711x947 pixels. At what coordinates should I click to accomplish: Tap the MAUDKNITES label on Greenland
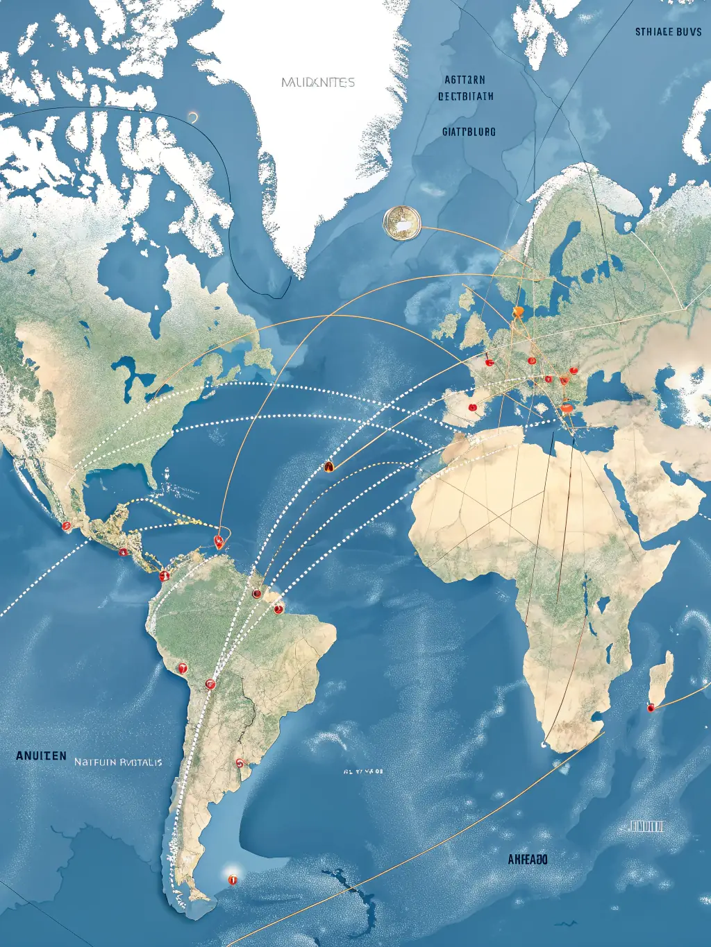coord(318,83)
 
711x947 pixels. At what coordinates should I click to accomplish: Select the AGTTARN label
coord(465,80)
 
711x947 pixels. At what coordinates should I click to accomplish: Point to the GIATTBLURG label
coord(469,131)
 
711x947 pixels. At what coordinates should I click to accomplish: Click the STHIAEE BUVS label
coord(668,32)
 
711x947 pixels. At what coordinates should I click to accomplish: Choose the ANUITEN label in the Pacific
coord(42,756)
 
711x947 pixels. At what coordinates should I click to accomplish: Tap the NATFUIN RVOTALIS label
coord(118,762)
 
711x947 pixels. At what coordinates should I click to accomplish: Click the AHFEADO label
coord(527,860)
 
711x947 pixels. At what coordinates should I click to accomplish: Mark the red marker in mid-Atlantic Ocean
coord(329,467)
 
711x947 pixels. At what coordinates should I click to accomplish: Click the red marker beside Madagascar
coord(651,708)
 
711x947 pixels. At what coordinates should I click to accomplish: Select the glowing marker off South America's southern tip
coord(232,879)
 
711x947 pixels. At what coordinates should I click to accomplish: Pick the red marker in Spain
coord(473,407)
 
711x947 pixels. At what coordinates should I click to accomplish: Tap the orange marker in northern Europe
coord(517,312)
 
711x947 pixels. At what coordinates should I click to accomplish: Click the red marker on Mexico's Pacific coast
coord(67,527)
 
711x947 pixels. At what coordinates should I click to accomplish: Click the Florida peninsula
coord(152,474)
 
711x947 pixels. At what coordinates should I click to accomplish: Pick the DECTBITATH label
coord(466,96)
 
